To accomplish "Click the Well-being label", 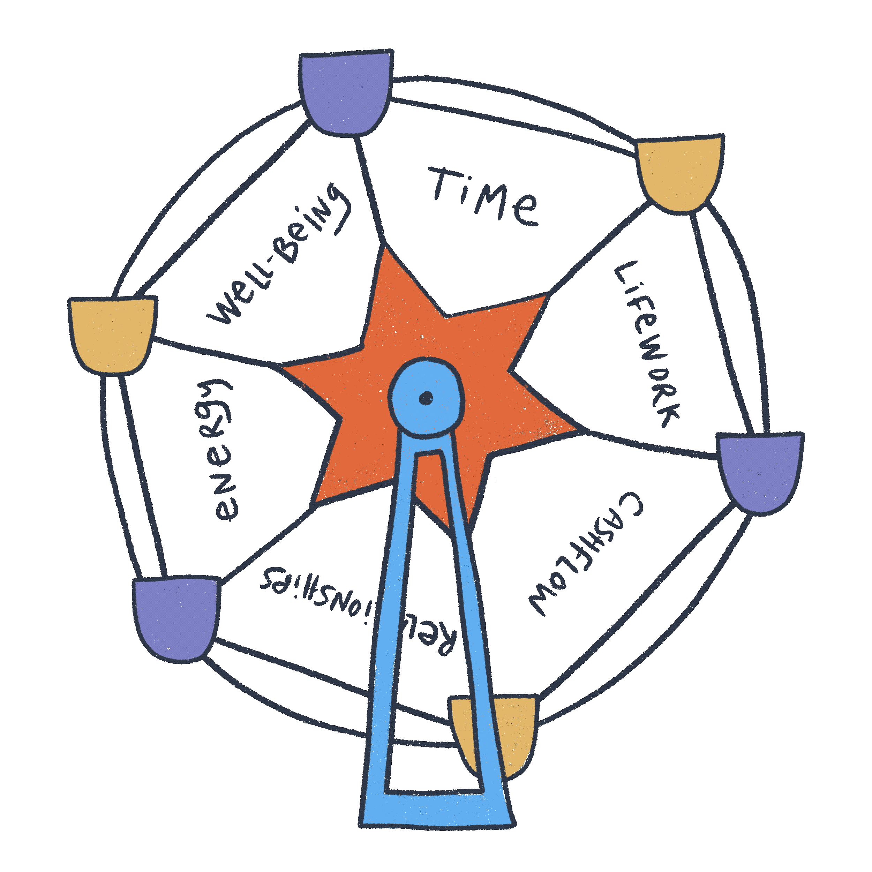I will point(278,255).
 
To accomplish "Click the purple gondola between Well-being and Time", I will point(345,92).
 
